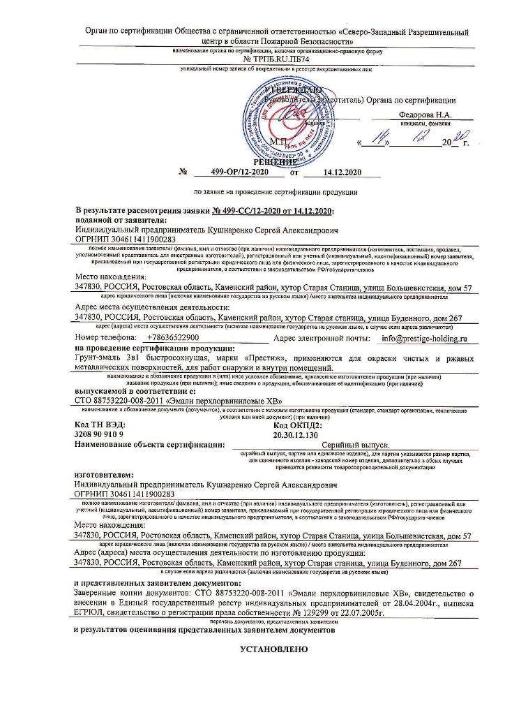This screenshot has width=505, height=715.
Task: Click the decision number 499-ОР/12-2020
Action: (230, 172)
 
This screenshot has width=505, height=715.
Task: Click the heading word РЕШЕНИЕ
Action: (276, 161)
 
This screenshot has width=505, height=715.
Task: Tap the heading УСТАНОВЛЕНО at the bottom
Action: (273, 649)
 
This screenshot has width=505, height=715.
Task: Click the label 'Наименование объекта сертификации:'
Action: (149, 444)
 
